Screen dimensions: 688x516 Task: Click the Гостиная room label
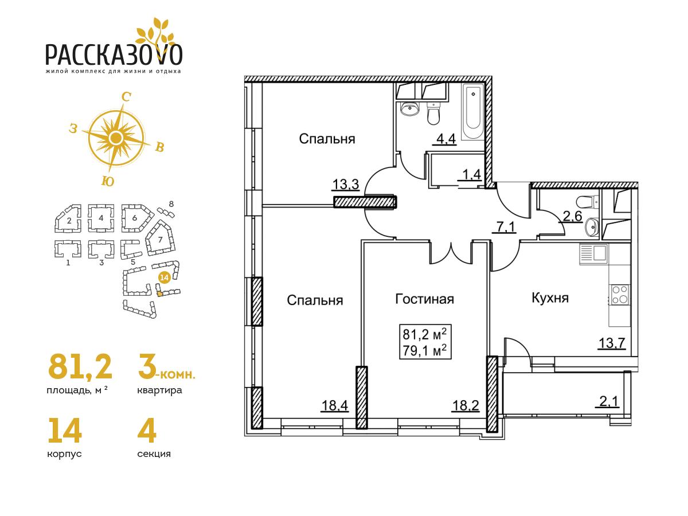click(424, 299)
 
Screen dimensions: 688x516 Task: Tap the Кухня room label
click(550, 298)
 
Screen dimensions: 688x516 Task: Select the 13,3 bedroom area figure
click(345, 185)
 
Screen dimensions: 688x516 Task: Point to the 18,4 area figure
click(335, 406)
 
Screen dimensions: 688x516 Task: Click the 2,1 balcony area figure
click(607, 401)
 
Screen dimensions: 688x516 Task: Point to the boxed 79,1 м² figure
click(425, 351)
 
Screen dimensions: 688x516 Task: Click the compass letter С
click(126, 97)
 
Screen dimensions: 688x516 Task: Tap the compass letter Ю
click(108, 181)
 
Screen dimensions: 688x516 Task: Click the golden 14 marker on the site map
click(164, 277)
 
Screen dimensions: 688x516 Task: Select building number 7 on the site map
click(160, 240)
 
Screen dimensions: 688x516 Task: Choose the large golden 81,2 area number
click(80, 366)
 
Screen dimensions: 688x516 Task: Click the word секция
click(154, 454)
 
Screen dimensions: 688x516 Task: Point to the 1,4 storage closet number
click(470, 174)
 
